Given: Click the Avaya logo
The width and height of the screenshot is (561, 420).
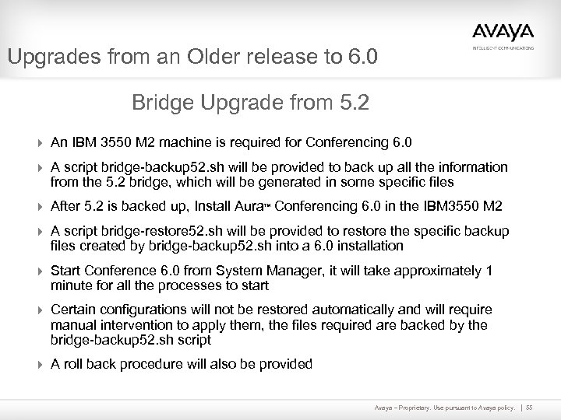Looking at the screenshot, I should [x=503, y=32].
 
